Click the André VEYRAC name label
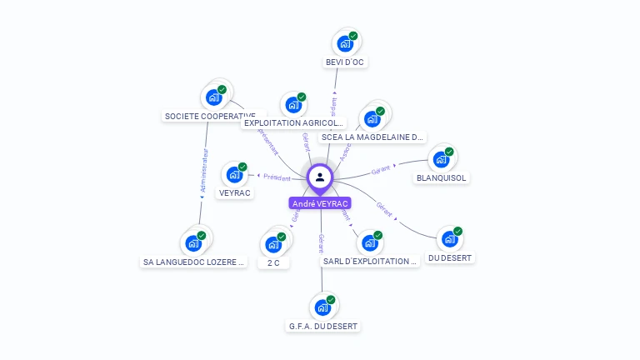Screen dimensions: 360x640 pyautogui.click(x=320, y=203)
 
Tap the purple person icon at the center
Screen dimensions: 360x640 pyautogui.click(x=320, y=177)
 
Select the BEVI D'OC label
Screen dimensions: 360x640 pyautogui.click(x=345, y=62)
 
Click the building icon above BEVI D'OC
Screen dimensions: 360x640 pyautogui.click(x=344, y=43)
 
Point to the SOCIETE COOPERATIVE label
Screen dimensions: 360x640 pyautogui.click(x=210, y=117)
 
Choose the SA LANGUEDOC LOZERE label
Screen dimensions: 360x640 pyautogui.click(x=194, y=262)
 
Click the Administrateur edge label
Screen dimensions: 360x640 pyautogui.click(x=204, y=172)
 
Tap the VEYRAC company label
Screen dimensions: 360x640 pyautogui.click(x=235, y=193)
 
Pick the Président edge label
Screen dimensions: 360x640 pyautogui.click(x=277, y=177)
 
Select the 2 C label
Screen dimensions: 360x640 pyautogui.click(x=273, y=262)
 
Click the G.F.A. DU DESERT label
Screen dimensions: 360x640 pyautogui.click(x=322, y=326)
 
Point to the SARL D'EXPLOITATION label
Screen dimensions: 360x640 pyautogui.click(x=369, y=261)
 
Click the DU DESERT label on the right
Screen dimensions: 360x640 pyautogui.click(x=451, y=258)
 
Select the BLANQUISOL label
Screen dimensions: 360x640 pyautogui.click(x=442, y=177)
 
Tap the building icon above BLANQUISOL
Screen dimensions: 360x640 pyautogui.click(x=441, y=158)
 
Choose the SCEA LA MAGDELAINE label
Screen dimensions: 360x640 pyautogui.click(x=372, y=137)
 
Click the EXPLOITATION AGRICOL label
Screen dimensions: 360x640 pyautogui.click(x=293, y=123)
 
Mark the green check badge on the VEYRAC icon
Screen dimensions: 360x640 pyautogui.click(x=242, y=167)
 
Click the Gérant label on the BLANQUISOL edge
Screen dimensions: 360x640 pyautogui.click(x=381, y=170)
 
